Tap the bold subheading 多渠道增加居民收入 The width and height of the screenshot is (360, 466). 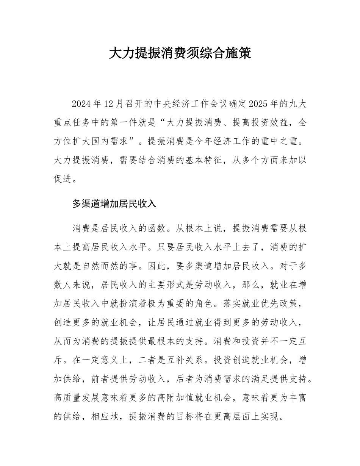[x=114, y=203]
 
